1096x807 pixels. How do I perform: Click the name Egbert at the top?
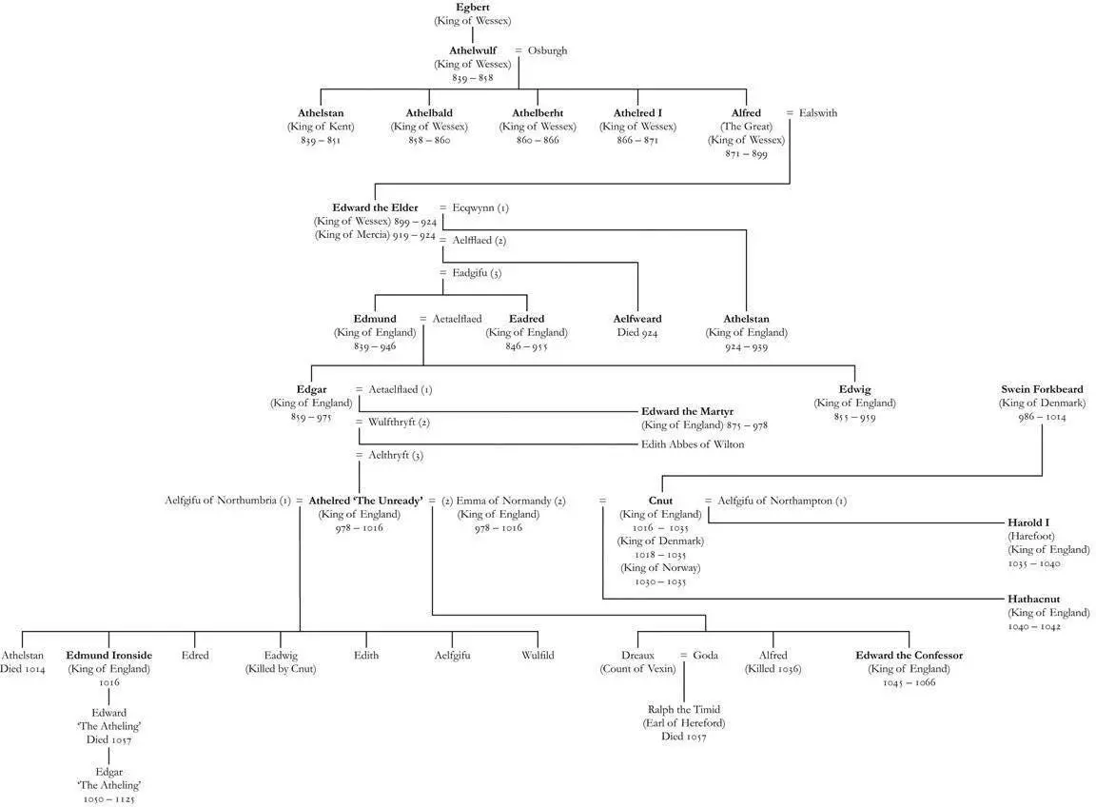coord(473,8)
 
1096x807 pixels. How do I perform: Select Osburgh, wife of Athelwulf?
coord(547,50)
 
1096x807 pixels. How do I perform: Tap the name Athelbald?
coord(428,113)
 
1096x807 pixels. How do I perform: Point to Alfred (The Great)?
coord(746,113)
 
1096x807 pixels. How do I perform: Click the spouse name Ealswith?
coord(818,113)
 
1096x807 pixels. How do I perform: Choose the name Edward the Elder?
coord(375,207)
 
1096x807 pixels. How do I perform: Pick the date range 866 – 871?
coord(637,140)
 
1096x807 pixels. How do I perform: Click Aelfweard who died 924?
coord(637,319)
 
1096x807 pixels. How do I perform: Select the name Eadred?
coord(526,319)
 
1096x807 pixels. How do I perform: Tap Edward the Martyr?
coord(703,411)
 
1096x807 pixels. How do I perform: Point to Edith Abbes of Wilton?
coord(693,444)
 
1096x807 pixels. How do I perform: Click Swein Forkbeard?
coord(1042,389)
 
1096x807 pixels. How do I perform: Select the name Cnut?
coord(660,501)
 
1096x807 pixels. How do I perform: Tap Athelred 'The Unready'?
coord(365,501)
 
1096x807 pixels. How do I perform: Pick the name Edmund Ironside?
coord(108,655)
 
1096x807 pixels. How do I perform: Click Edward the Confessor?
coord(909,655)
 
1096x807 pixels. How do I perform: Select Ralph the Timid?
coord(683,709)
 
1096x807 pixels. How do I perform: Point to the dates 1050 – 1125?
coord(108,799)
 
